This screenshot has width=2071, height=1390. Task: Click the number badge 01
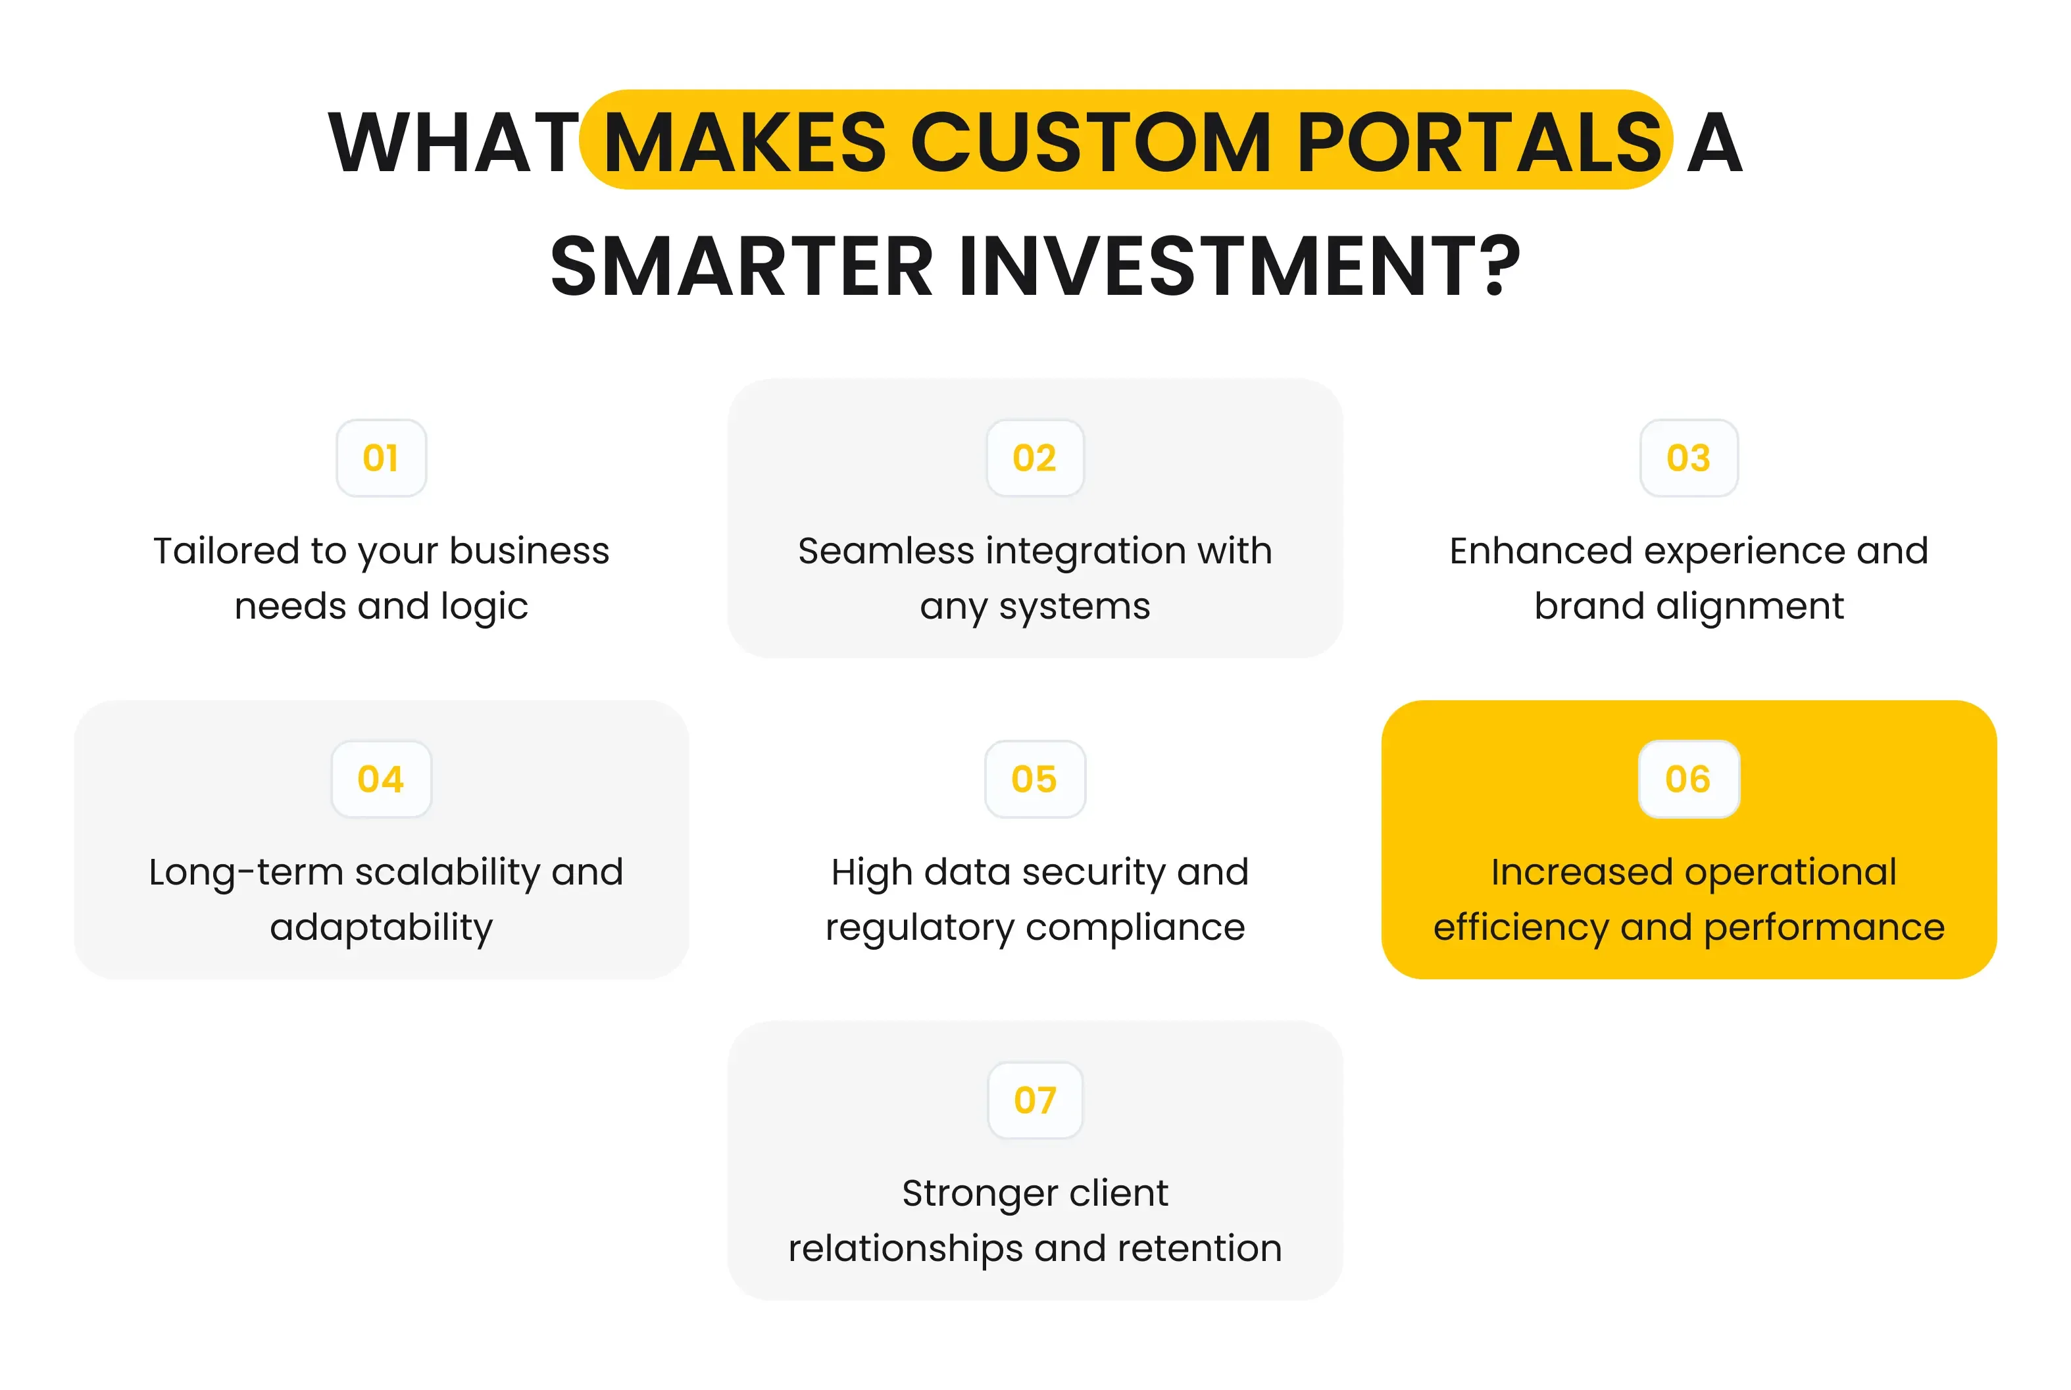coord(381,458)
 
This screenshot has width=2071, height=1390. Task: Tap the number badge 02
coord(1034,458)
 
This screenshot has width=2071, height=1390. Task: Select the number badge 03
coord(1688,458)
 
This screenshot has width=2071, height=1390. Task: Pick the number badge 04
coord(381,779)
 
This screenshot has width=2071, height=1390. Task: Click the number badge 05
coord(1034,779)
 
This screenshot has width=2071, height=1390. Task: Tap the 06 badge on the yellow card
coord(1688,779)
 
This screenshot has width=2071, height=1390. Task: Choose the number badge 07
coord(1034,1100)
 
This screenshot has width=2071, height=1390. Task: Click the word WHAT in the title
coord(453,143)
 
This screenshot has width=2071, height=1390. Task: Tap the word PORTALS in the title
coord(1478,143)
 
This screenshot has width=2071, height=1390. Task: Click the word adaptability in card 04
coord(381,928)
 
